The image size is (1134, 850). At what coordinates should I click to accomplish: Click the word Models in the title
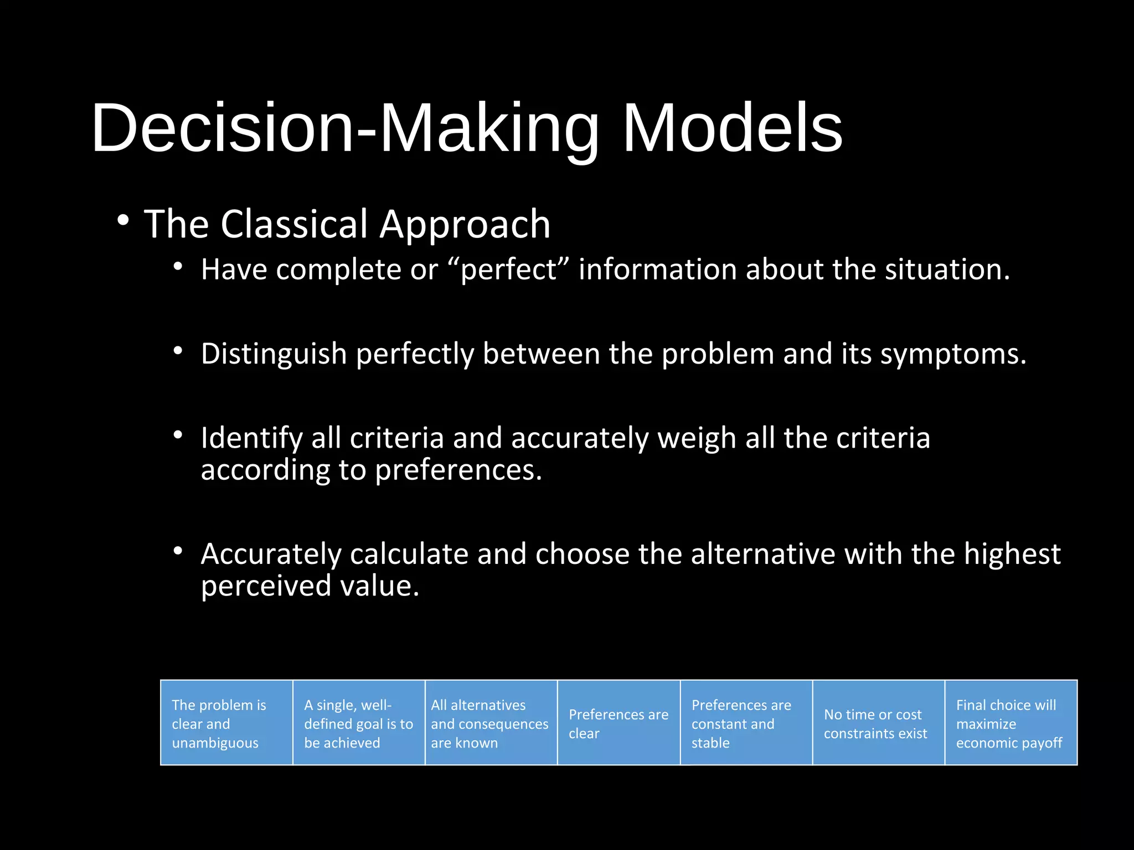tap(732, 128)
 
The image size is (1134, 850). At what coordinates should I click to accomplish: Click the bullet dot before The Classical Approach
tap(123, 220)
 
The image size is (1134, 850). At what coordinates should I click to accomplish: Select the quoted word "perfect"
tap(508, 270)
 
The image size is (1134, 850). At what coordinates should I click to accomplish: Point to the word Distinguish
tap(274, 354)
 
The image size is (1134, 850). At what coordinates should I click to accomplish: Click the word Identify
tap(251, 438)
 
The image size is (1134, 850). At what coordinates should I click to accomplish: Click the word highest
tap(1012, 554)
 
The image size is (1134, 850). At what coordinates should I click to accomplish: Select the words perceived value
tap(310, 586)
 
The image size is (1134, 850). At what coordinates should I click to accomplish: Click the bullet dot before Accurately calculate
tap(177, 551)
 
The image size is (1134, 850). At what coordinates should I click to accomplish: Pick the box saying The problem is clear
tap(226, 723)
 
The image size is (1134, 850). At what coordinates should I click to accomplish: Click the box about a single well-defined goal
tap(359, 723)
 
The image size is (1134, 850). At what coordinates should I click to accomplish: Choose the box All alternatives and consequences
tap(491, 723)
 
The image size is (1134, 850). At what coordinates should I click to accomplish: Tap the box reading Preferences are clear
tap(618, 723)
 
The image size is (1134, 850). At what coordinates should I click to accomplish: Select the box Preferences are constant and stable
tap(746, 723)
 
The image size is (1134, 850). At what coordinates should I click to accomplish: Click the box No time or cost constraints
tap(878, 723)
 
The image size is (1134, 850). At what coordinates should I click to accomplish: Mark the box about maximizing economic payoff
tap(1011, 723)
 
